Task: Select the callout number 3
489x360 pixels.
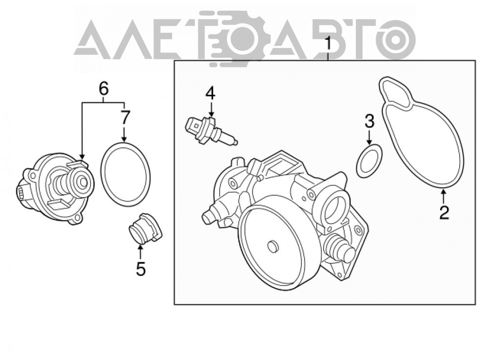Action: pyautogui.click(x=370, y=121)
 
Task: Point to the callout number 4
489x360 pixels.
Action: pyautogui.click(x=210, y=93)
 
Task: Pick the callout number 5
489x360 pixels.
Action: pyautogui.click(x=141, y=269)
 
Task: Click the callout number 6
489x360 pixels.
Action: pyautogui.click(x=104, y=89)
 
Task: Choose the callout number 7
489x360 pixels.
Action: pyautogui.click(x=124, y=117)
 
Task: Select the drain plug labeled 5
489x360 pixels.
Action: pyautogui.click(x=145, y=228)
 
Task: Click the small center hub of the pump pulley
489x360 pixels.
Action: pyautogui.click(x=272, y=246)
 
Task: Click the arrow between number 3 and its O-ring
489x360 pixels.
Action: pyautogui.click(x=369, y=136)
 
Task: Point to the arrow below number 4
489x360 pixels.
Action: pyautogui.click(x=211, y=110)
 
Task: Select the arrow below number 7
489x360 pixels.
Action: pyautogui.click(x=124, y=134)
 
